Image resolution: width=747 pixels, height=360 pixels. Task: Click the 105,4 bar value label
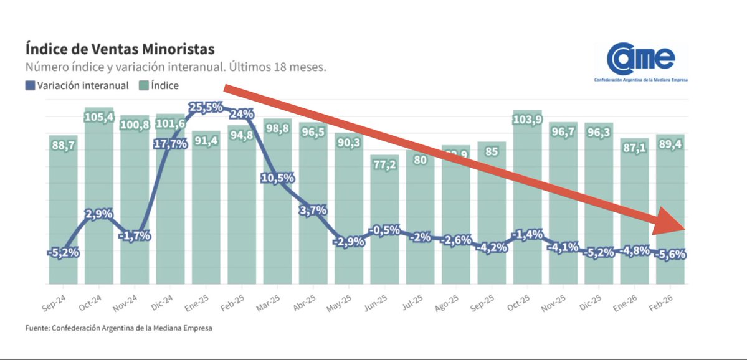pyautogui.click(x=98, y=118)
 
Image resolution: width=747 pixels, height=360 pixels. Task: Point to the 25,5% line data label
pyautogui.click(x=206, y=107)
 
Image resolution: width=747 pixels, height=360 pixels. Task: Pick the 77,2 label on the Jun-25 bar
pyautogui.click(x=384, y=166)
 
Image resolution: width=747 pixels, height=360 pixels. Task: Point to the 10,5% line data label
pyautogui.click(x=277, y=178)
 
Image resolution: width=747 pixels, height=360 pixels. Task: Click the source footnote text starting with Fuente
pyautogui.click(x=118, y=328)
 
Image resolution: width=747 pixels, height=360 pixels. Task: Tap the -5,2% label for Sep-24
pyautogui.click(x=63, y=252)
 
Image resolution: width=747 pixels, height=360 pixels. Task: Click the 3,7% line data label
pyautogui.click(x=313, y=211)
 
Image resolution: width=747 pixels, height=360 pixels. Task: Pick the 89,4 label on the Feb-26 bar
pyautogui.click(x=670, y=145)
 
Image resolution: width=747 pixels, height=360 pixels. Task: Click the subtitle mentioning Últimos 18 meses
pyautogui.click(x=175, y=67)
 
